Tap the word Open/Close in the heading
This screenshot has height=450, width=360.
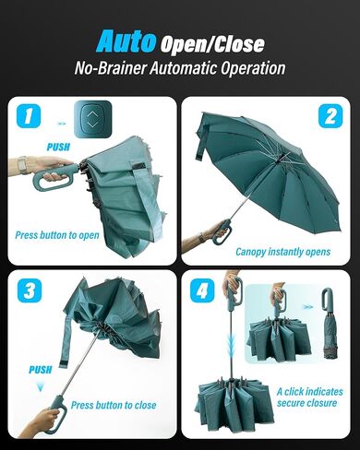tap(211, 43)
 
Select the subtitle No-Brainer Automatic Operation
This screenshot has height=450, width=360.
tap(180, 68)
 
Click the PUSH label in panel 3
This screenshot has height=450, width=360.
tap(40, 369)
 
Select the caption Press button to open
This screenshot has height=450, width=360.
tap(57, 235)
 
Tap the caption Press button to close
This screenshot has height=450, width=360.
tap(114, 405)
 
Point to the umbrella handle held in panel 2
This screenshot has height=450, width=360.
tap(220, 231)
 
